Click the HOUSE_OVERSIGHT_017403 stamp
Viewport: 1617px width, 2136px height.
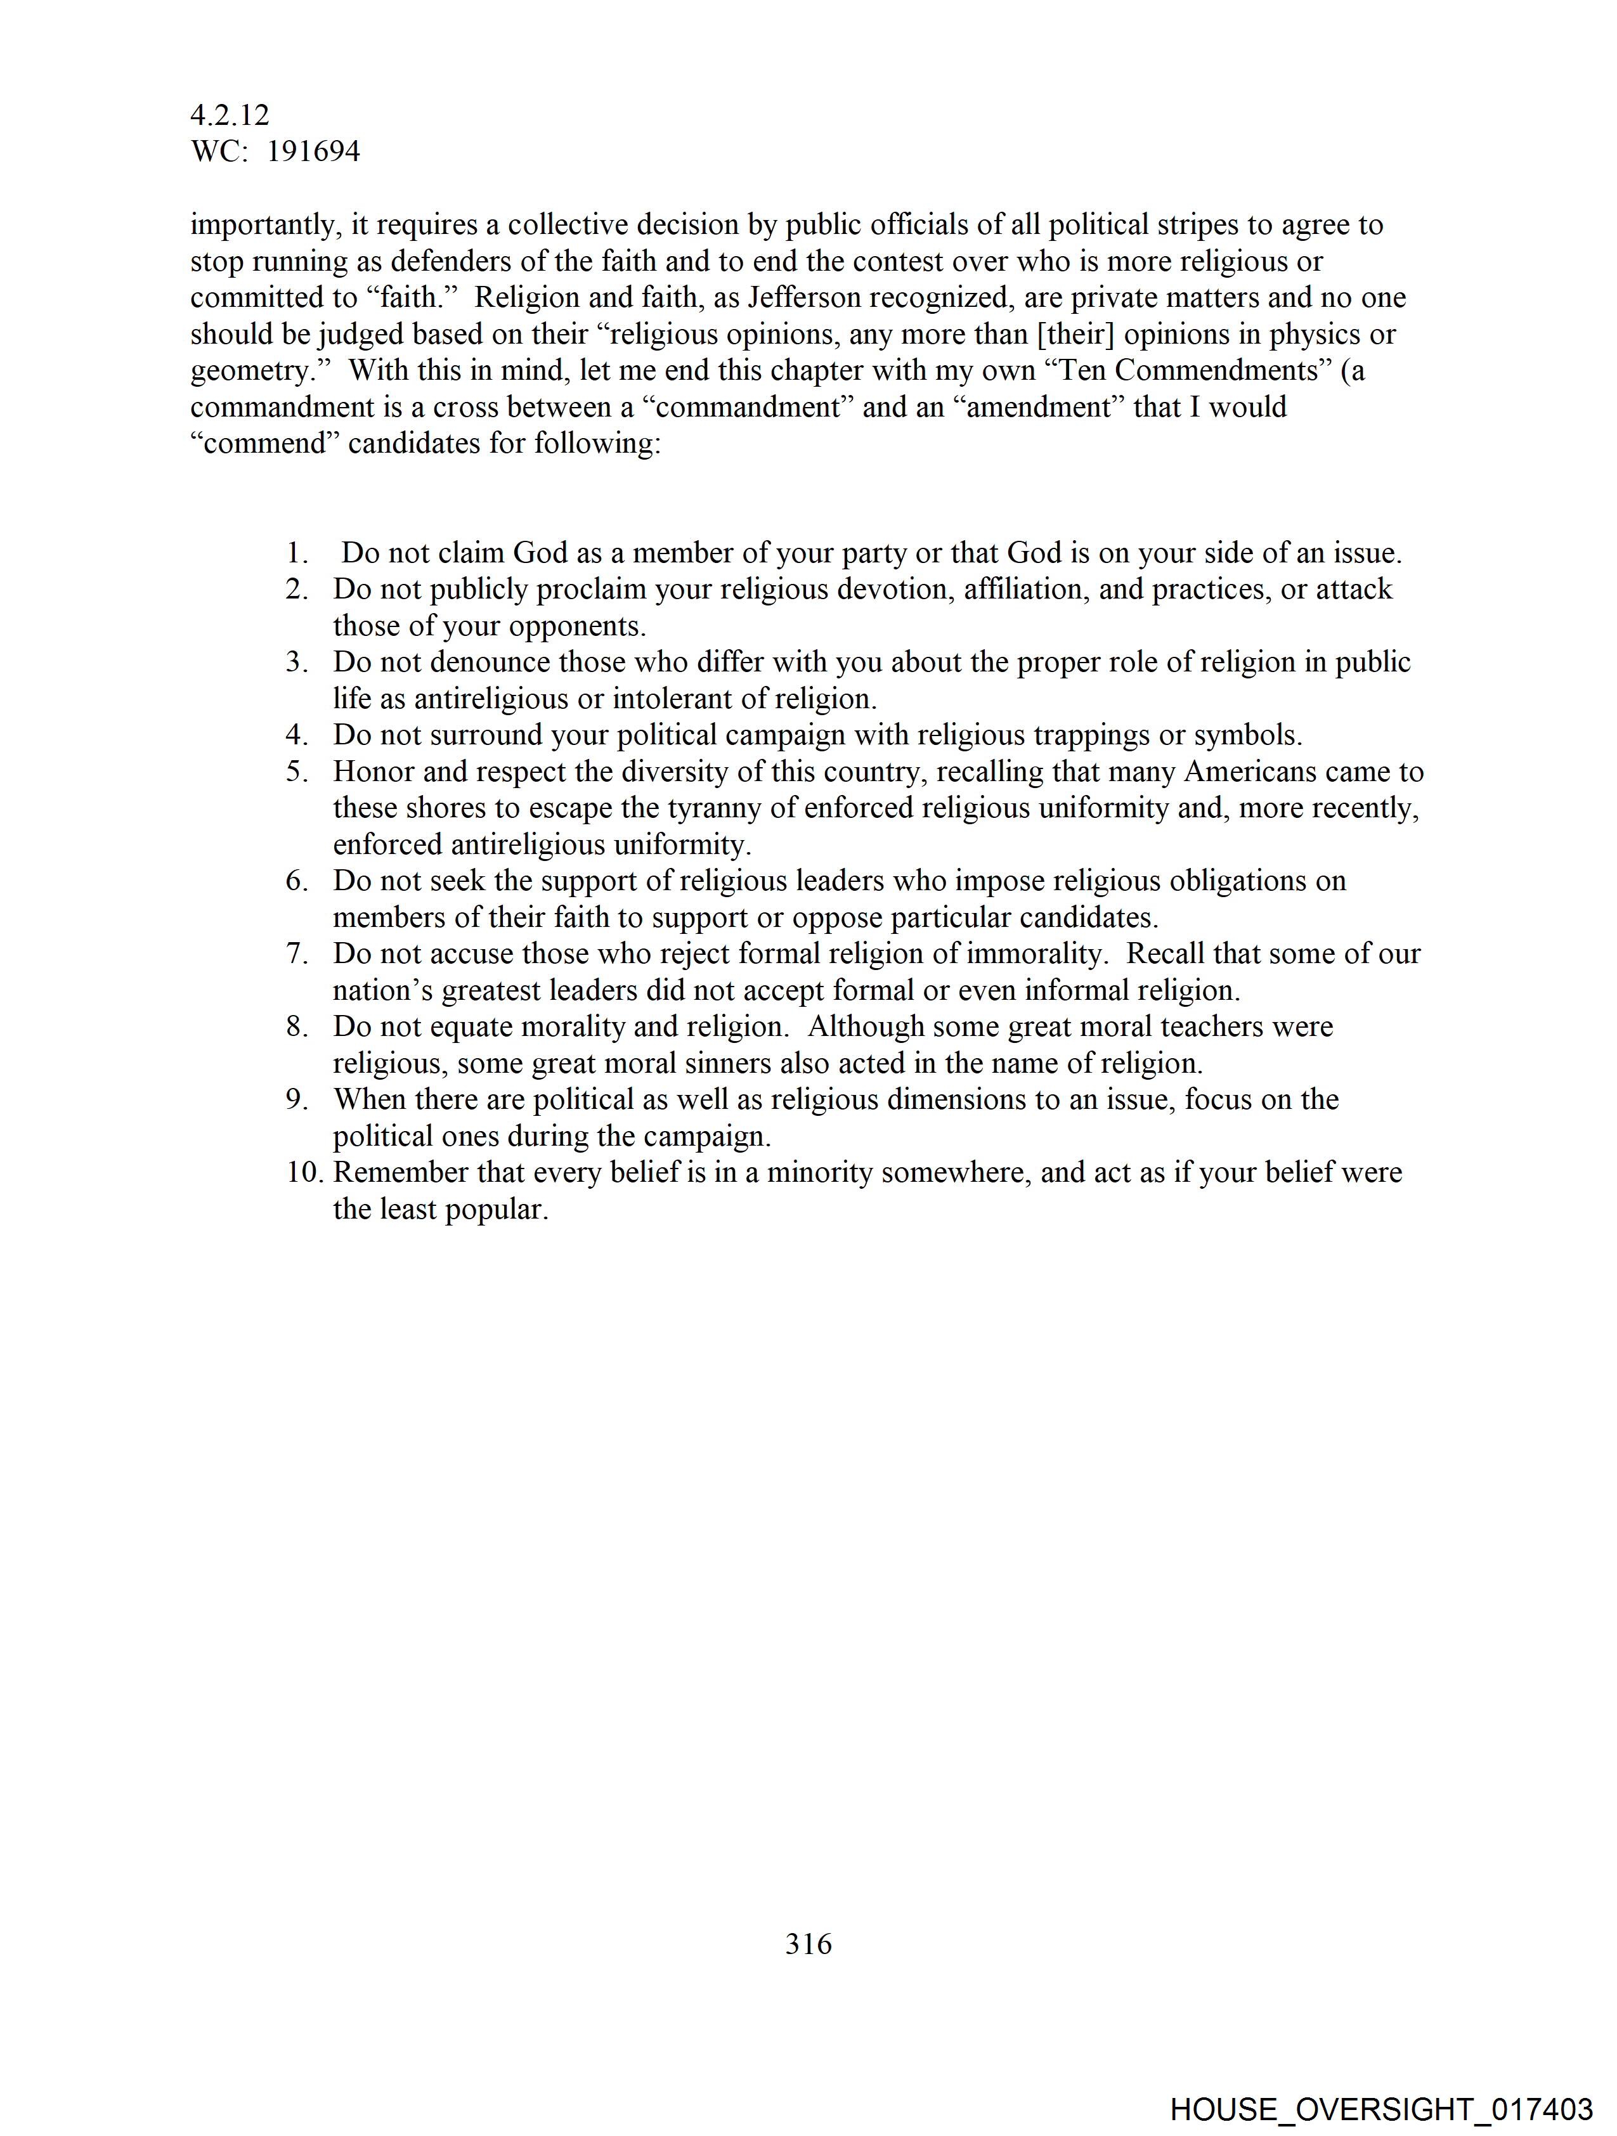tap(1380, 2109)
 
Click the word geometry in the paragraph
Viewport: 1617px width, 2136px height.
tap(246, 371)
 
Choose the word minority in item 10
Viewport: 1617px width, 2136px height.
tap(819, 1172)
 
